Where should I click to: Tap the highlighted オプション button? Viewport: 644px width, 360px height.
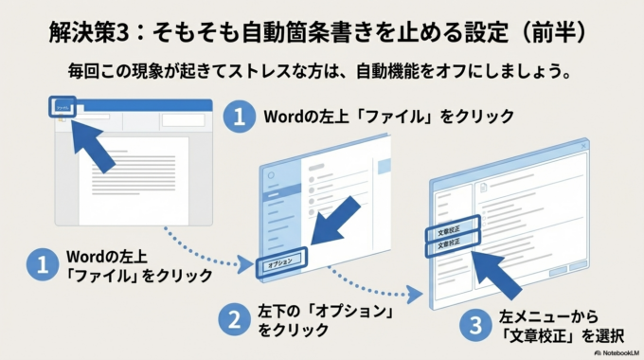point(280,261)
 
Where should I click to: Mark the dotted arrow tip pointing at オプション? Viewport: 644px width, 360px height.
point(249,264)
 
